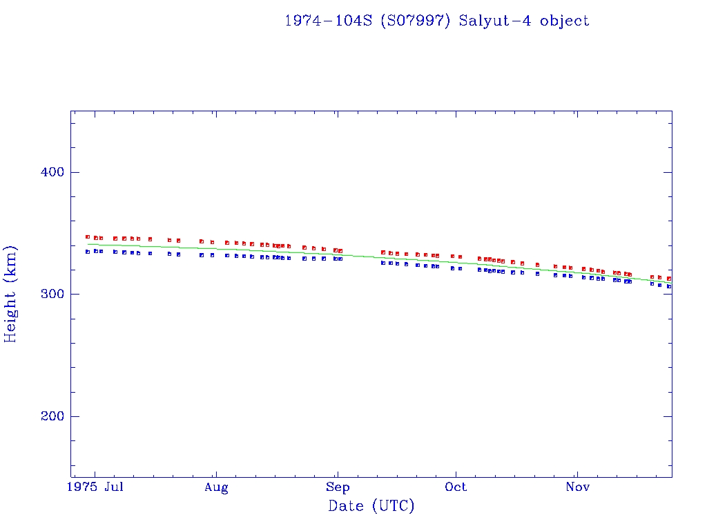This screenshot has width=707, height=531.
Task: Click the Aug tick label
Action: [x=216, y=487]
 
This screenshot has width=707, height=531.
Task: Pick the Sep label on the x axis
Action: [x=337, y=487]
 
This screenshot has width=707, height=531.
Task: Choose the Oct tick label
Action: [x=456, y=487]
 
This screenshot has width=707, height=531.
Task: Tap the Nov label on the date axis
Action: [x=577, y=487]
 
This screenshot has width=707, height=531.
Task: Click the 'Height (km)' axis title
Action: [x=10, y=294]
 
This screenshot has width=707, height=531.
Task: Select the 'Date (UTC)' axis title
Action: [x=371, y=507]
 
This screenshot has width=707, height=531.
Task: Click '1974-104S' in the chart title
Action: [x=329, y=21]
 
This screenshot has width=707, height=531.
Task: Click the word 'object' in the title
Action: [x=565, y=21]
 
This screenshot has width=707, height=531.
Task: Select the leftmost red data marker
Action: [x=88, y=237]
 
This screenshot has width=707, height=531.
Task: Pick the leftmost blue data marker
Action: [x=88, y=252]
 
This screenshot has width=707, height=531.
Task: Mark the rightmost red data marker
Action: [x=668, y=279]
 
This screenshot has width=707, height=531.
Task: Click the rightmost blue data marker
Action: [x=668, y=286]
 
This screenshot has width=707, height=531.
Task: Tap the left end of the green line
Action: [x=88, y=244]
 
